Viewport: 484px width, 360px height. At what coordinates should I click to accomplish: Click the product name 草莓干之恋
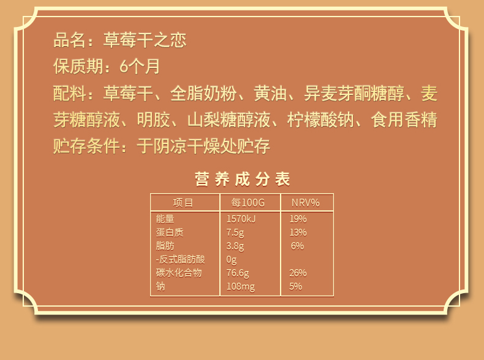click(145, 40)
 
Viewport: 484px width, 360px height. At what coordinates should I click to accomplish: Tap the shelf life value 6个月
click(140, 66)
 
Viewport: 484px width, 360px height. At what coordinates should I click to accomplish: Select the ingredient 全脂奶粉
click(203, 93)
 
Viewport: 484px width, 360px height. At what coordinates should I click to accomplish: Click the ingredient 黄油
click(270, 93)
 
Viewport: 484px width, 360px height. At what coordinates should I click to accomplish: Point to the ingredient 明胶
click(153, 120)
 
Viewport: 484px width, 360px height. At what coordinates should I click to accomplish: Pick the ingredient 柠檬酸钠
click(320, 120)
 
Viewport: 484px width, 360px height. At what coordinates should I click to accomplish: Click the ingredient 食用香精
click(404, 120)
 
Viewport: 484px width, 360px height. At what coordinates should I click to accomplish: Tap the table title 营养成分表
click(243, 179)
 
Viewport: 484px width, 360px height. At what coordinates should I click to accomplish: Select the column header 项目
click(183, 203)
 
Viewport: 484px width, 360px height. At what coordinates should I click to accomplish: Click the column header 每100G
click(248, 203)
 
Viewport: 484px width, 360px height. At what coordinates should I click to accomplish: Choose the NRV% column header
click(306, 203)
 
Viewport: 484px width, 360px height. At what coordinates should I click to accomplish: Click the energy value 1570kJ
click(241, 219)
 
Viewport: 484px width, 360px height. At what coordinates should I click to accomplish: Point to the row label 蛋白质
click(170, 232)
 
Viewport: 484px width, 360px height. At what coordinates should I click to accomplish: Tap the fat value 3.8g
click(235, 246)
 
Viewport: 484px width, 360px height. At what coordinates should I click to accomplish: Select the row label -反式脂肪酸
click(180, 259)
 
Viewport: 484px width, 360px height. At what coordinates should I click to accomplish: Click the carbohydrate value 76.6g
click(238, 273)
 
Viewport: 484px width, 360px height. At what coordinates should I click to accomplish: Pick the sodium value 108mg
click(241, 287)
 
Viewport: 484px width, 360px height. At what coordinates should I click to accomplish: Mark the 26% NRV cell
click(298, 273)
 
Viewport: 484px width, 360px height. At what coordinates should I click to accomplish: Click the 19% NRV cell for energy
click(298, 219)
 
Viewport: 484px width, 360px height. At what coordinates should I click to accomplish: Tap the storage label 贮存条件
click(86, 146)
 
